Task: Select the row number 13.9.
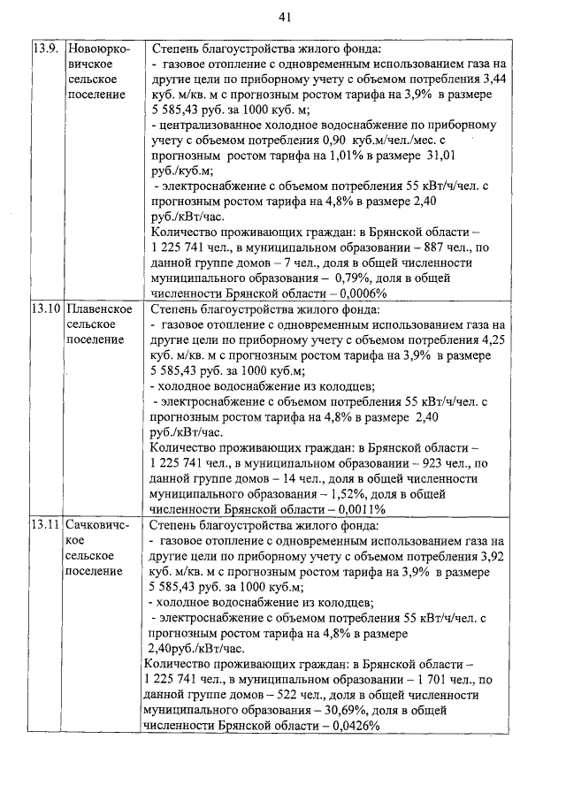pyautogui.click(x=44, y=50)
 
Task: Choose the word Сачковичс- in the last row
pyautogui.click(x=98, y=524)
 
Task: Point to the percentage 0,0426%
pyautogui.click(x=351, y=725)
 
